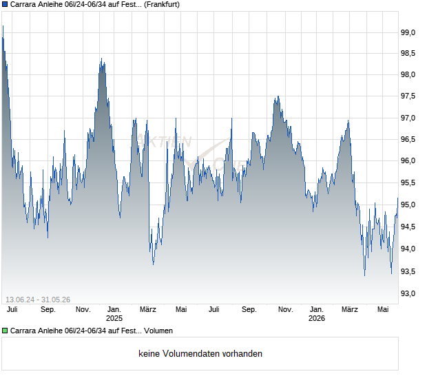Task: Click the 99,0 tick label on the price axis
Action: (x=408, y=32)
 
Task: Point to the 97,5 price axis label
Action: (x=408, y=96)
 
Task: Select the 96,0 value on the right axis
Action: (x=408, y=160)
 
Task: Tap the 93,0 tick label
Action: (x=408, y=293)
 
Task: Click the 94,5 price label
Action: (x=408, y=227)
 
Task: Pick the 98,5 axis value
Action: (x=408, y=53)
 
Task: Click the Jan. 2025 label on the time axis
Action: (x=114, y=314)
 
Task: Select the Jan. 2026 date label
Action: (x=317, y=314)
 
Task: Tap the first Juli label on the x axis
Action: (x=12, y=310)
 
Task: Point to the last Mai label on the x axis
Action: (x=383, y=310)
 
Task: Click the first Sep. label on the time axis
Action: (x=48, y=310)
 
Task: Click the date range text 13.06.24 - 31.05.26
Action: (x=38, y=300)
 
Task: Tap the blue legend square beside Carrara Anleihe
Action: (x=5, y=4)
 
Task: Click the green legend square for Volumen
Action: (x=5, y=331)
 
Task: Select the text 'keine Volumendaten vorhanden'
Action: (x=200, y=354)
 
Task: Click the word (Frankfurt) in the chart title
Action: (x=161, y=5)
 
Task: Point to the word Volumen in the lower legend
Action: (x=158, y=331)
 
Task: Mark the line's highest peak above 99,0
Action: (x=3, y=26)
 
